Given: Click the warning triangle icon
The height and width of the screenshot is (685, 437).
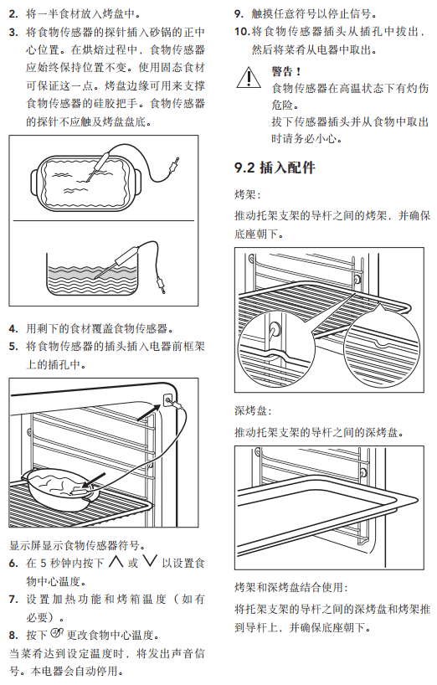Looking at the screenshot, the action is tap(249, 77).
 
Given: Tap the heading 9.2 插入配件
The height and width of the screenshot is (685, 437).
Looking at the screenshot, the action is tap(275, 167).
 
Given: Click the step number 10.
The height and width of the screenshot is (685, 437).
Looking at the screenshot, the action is tap(241, 32).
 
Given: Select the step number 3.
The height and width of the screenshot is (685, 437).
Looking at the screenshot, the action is tap(13, 33).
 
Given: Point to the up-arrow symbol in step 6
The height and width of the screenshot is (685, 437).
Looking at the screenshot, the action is tap(116, 562).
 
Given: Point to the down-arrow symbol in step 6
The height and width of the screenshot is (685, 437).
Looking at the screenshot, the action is tap(150, 562).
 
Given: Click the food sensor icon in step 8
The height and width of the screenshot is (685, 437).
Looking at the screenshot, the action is tap(57, 632).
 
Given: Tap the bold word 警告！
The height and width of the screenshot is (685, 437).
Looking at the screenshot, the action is tap(286, 71).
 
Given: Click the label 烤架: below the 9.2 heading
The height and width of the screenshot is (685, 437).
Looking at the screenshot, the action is tap(248, 194).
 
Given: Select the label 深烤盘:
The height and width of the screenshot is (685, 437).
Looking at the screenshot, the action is tap(253, 410).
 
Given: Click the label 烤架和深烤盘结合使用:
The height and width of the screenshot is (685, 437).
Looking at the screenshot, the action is tap(291, 587).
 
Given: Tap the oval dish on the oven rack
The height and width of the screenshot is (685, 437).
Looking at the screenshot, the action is tap(60, 490).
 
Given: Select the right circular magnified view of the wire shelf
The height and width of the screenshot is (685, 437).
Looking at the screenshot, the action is tap(383, 348).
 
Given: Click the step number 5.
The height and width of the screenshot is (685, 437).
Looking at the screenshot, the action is tap(13, 347).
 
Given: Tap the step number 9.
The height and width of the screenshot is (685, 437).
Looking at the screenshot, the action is tap(239, 14).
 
